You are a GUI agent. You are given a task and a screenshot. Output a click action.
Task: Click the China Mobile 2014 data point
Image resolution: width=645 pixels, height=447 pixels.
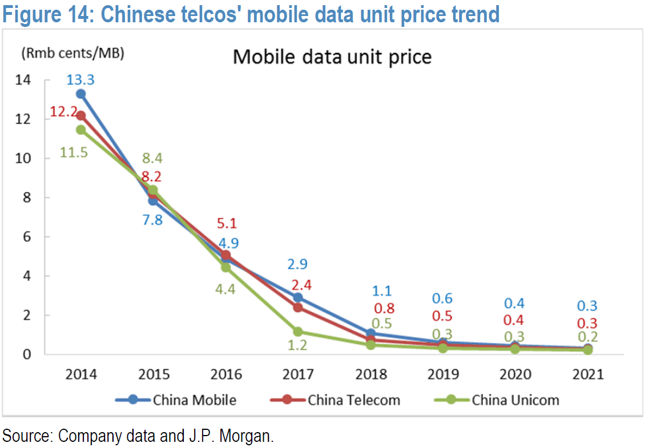(81, 94)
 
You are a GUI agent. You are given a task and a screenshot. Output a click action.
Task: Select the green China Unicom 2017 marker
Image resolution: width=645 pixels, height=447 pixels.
(297, 331)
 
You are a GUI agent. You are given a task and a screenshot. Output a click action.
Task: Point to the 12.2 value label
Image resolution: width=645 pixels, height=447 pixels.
(63, 112)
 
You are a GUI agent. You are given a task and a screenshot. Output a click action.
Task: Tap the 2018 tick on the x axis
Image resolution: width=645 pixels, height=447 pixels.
(371, 375)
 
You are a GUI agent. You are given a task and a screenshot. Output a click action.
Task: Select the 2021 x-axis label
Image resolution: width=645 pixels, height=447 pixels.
(587, 375)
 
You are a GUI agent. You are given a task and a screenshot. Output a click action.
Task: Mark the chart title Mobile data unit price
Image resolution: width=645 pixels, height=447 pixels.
(332, 57)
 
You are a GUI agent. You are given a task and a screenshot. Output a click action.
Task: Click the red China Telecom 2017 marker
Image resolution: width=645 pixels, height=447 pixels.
(297, 308)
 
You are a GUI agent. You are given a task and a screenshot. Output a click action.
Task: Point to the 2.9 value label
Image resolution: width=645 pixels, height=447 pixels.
(298, 264)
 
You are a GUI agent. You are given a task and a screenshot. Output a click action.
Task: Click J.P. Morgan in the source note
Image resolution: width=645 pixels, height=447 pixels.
(234, 437)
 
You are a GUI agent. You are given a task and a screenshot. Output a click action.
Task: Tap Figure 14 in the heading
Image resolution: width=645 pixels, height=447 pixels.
(47, 14)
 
